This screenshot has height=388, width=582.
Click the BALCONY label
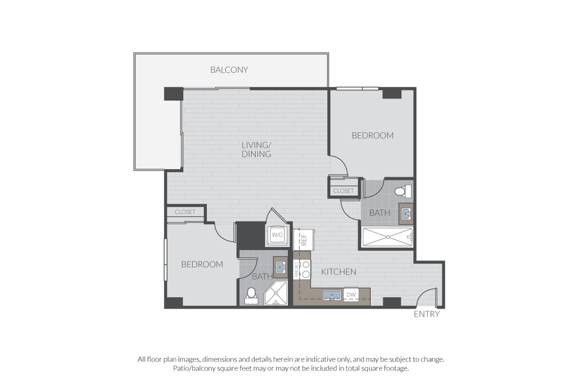[229, 70]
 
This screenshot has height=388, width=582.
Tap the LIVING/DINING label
[256, 149]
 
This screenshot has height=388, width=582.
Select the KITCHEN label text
[338, 272]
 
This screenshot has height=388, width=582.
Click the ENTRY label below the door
[427, 314]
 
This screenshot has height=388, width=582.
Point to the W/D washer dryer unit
[277, 235]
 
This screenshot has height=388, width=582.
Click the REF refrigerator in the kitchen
[304, 239]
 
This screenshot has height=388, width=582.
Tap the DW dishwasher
[351, 295]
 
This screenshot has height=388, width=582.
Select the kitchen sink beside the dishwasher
[332, 295]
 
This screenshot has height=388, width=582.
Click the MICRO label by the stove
[297, 270]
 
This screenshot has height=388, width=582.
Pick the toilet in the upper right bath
[403, 191]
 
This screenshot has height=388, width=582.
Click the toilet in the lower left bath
[251, 296]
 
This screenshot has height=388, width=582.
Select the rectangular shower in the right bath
[387, 237]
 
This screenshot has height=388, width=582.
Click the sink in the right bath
[406, 214]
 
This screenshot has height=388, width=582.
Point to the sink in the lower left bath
[280, 267]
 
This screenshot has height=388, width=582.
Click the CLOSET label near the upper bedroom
[343, 191]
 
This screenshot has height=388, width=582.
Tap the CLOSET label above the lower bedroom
[185, 212]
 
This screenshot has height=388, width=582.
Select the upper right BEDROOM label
[373, 136]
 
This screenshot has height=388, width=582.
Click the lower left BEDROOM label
[202, 265]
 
